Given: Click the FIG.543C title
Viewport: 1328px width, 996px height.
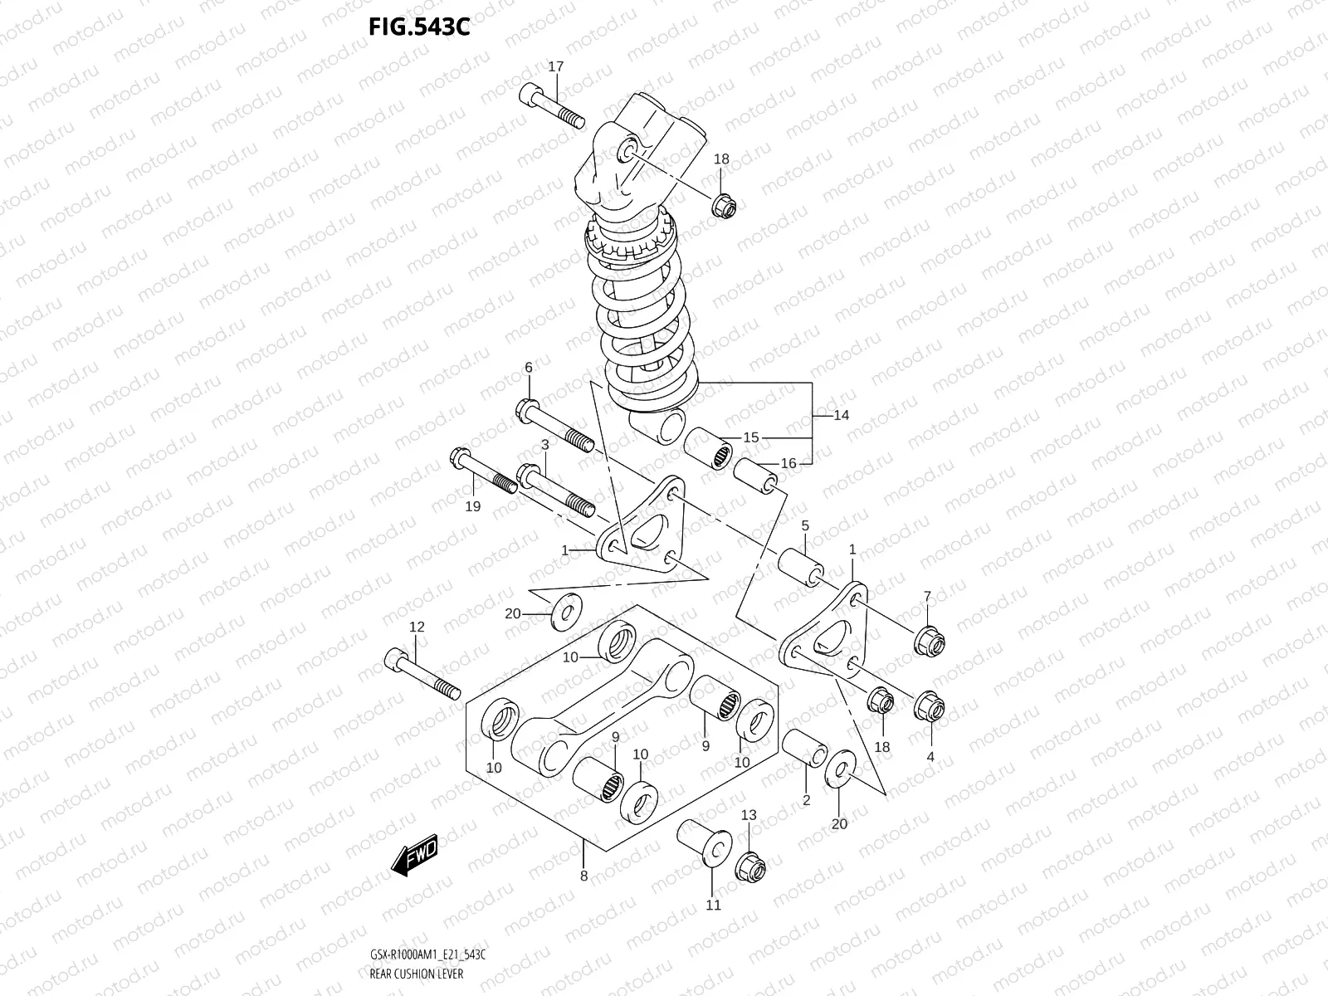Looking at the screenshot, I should click(419, 27).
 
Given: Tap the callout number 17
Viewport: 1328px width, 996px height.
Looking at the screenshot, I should click(555, 66).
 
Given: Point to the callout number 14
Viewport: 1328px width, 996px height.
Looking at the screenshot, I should click(841, 415).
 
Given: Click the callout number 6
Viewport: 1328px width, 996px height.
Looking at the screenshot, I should click(528, 368).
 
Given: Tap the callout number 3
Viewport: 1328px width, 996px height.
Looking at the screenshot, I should click(545, 446).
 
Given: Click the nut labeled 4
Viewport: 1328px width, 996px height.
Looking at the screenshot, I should click(929, 706).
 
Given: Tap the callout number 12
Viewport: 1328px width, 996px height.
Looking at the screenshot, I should click(417, 627).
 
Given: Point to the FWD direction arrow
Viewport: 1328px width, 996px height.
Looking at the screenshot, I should click(414, 854).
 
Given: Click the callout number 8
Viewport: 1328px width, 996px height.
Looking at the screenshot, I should click(583, 876).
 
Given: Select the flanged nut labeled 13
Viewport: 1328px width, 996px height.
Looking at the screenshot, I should click(750, 867).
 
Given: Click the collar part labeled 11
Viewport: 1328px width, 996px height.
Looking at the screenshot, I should click(705, 842).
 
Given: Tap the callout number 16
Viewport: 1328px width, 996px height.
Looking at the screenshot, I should click(788, 463).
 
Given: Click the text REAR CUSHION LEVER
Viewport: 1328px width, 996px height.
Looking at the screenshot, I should click(417, 974).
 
